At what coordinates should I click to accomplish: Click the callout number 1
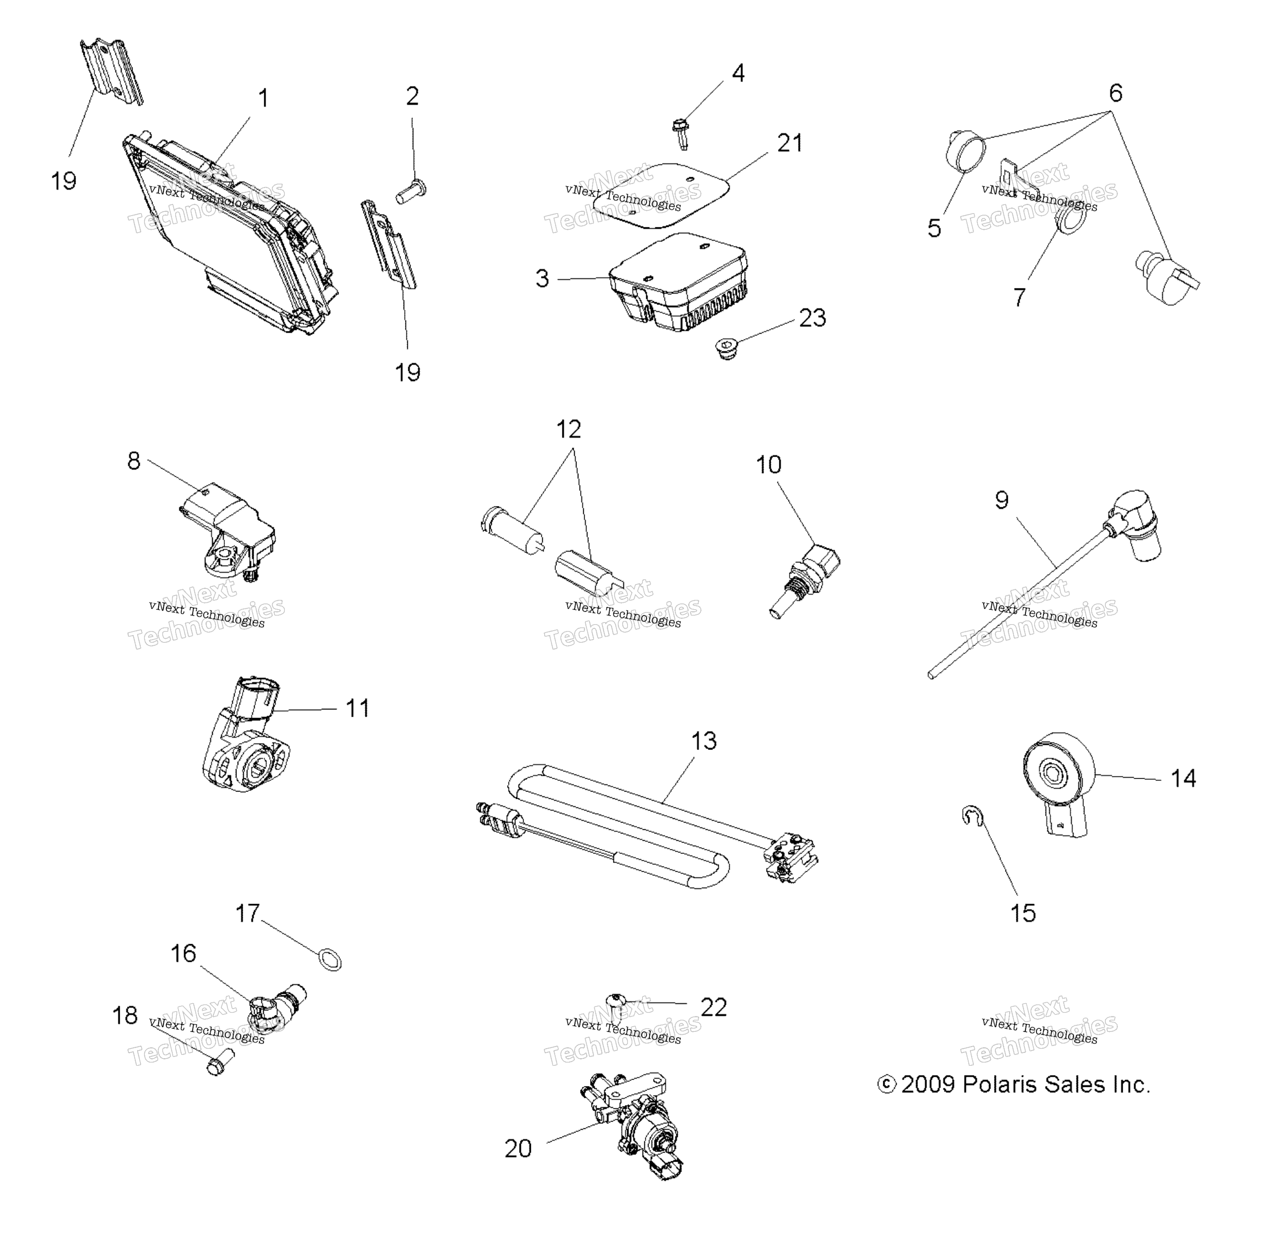point(263,99)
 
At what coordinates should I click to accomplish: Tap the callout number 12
point(568,430)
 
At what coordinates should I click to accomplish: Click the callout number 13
point(704,741)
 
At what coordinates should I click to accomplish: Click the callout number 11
point(357,708)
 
